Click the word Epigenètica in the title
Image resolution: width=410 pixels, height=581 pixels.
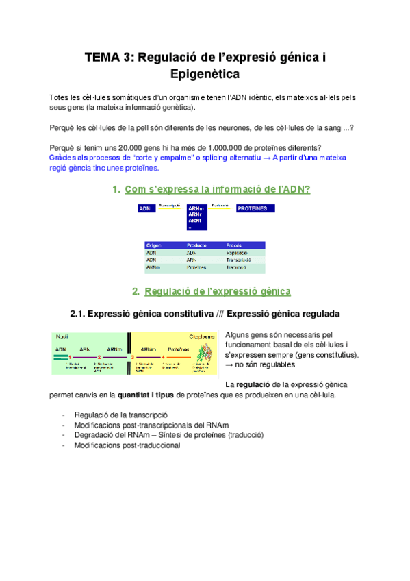coord(205,73)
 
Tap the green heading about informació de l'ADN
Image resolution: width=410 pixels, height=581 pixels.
coord(217,189)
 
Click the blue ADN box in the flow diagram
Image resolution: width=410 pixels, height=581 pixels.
coord(146,208)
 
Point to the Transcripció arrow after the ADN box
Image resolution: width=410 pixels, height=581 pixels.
coord(170,207)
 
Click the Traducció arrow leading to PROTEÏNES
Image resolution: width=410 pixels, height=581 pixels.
coord(220,207)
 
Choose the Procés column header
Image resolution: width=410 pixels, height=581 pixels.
coord(234,245)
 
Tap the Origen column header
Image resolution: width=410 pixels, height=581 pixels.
coord(154,245)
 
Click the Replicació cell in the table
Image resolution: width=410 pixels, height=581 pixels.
coord(237,252)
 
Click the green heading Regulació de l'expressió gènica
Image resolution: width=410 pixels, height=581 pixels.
coord(218,291)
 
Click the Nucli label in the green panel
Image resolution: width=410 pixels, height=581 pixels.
coord(62,336)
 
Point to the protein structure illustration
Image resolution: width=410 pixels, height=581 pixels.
coord(202,354)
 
